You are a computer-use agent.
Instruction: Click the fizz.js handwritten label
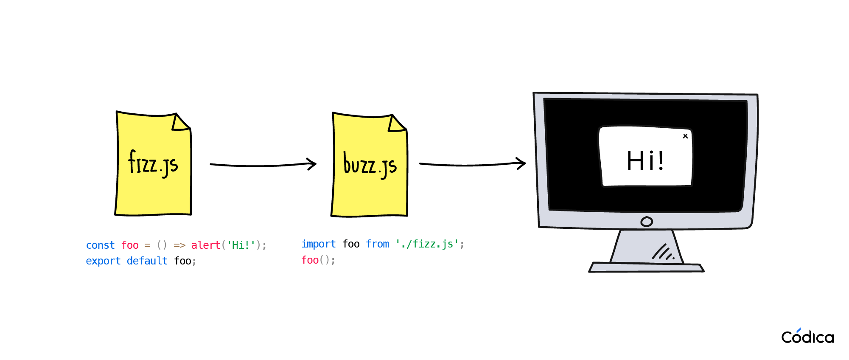153,163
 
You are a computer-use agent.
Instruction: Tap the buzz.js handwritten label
370,164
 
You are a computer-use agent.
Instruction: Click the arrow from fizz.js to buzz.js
263,165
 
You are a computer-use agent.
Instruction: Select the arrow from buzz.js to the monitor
472,164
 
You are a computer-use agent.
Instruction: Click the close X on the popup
685,136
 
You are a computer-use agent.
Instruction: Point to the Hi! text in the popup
645,161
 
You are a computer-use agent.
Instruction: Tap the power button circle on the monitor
647,222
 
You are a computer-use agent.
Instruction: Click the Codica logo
807,336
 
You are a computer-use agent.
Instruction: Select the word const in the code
100,245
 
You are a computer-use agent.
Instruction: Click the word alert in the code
206,245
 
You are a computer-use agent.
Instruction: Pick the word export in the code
103,261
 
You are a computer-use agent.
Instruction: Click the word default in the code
147,261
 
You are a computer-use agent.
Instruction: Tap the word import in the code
318,244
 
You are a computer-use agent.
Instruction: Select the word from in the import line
377,244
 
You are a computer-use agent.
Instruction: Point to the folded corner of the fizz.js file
179,123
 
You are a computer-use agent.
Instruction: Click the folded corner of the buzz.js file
396,124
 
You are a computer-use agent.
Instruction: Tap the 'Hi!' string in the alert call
241,245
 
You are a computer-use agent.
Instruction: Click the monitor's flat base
646,267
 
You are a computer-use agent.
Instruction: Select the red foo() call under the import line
318,260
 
